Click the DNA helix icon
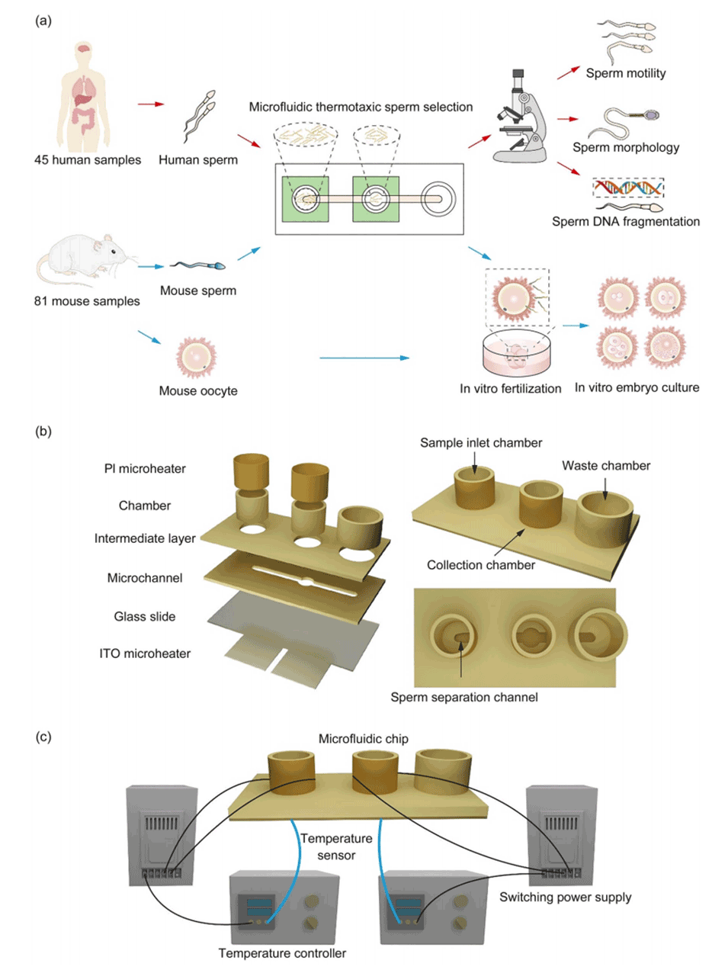pyautogui.click(x=628, y=188)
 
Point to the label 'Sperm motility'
pyautogui.click(x=625, y=73)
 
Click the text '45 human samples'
pyautogui.click(x=88, y=160)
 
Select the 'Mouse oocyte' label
pyautogui.click(x=198, y=391)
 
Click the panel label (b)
pyautogui.click(x=43, y=432)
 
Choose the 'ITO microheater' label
pyautogui.click(x=145, y=653)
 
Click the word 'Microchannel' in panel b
pyautogui.click(x=145, y=578)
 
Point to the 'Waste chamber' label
pyautogui.click(x=606, y=466)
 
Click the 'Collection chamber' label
pyautogui.click(x=480, y=565)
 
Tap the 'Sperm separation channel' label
pyautogui.click(x=464, y=697)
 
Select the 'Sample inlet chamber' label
pyautogui.click(x=481, y=443)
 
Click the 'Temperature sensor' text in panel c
pyautogui.click(x=336, y=846)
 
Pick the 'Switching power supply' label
pyautogui.click(x=565, y=898)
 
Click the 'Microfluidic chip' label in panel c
pyautogui.click(x=363, y=739)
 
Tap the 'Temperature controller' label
pyautogui.click(x=282, y=953)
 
